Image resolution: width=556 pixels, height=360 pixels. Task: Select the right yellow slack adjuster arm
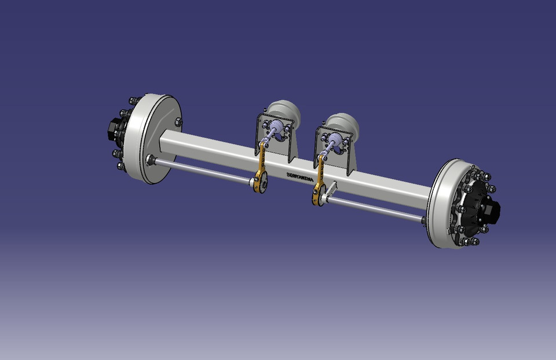point(319,179)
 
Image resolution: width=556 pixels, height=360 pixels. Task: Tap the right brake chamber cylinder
point(343,124)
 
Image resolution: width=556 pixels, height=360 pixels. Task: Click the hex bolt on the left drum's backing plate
point(178,122)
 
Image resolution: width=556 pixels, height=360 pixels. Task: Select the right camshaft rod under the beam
point(376,208)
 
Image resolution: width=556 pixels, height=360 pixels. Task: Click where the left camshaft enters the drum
point(151,159)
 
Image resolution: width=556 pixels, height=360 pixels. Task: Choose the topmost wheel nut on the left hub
point(133,101)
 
